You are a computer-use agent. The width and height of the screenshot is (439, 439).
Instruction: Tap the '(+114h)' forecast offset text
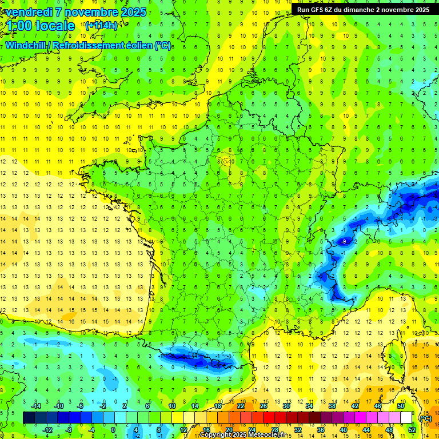click(101, 25)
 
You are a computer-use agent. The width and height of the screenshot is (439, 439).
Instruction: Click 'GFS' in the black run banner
click(320, 10)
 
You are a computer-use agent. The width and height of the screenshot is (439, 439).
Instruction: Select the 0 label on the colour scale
click(113, 429)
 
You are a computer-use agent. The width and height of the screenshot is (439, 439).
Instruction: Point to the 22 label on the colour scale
click(240, 406)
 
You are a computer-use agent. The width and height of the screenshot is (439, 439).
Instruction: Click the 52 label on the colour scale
click(412, 429)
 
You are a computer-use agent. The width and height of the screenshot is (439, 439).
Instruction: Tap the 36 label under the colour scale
click(320, 429)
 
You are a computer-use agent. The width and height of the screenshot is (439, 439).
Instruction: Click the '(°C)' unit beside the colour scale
click(425, 418)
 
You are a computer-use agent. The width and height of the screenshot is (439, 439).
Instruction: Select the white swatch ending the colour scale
click(406, 418)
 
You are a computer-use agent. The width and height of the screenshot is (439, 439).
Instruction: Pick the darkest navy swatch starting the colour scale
click(29, 418)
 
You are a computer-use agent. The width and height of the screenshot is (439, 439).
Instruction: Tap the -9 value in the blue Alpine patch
click(343, 242)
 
